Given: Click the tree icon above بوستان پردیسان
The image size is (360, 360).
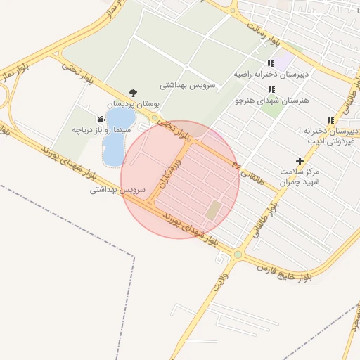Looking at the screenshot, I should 134,92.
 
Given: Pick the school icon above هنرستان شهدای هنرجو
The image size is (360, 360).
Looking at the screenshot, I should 271,89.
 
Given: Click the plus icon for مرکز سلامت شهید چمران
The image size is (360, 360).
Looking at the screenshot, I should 300,161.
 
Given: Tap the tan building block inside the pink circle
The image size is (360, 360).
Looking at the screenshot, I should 212,209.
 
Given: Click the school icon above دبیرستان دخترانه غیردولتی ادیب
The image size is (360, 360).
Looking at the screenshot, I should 330,120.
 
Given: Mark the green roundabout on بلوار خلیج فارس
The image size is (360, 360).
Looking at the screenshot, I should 238,254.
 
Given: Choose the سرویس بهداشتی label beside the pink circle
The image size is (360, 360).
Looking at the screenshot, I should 117,190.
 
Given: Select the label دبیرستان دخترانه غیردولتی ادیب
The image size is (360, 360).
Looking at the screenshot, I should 330,136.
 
